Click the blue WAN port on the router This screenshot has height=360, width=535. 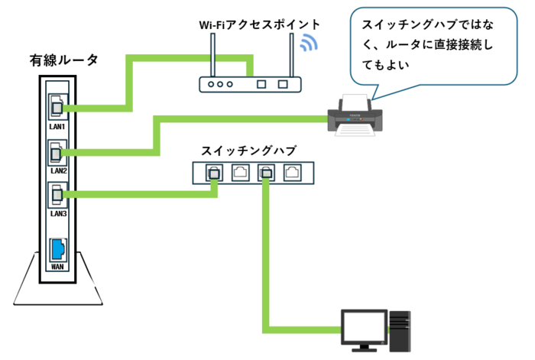[x=57, y=250]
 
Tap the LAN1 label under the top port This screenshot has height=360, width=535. [x=57, y=127]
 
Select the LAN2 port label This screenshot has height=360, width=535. [x=58, y=170]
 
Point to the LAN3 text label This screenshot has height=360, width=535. [x=58, y=213]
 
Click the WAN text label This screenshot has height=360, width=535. [x=57, y=267]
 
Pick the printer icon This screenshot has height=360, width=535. [x=355, y=115]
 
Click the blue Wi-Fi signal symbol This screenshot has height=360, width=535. [x=309, y=43]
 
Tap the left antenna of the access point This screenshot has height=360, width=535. [x=213, y=55]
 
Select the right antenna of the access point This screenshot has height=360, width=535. [x=291, y=55]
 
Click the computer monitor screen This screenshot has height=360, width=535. [x=365, y=326]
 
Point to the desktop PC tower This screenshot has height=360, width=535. [x=400, y=331]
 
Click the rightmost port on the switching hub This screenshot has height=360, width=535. [x=293, y=173]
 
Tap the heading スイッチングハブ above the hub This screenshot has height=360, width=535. [x=248, y=151]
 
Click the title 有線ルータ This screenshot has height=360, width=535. [x=63, y=60]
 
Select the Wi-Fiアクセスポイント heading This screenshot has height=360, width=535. [x=259, y=24]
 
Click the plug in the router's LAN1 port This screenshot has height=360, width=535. [x=57, y=109]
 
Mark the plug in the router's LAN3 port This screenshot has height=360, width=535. [x=57, y=195]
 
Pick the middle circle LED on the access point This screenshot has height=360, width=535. [x=220, y=84]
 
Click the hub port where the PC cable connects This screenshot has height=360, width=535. [x=266, y=173]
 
